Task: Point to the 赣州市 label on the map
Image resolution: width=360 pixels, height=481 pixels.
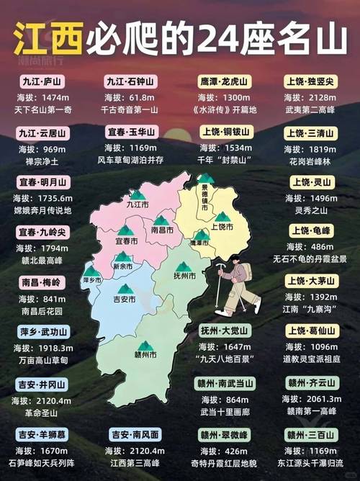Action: tap(145, 354)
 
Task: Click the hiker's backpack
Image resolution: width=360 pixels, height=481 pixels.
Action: tap(246, 271)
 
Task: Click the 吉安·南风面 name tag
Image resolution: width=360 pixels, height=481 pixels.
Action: tap(135, 434)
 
